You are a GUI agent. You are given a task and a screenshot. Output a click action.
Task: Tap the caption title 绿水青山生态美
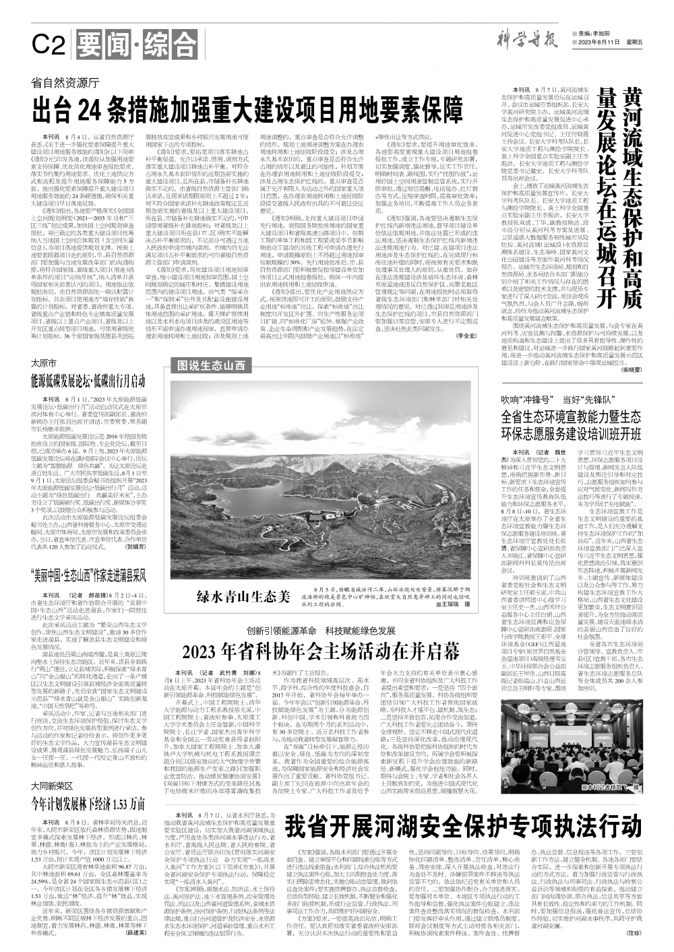[x=243, y=596]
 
